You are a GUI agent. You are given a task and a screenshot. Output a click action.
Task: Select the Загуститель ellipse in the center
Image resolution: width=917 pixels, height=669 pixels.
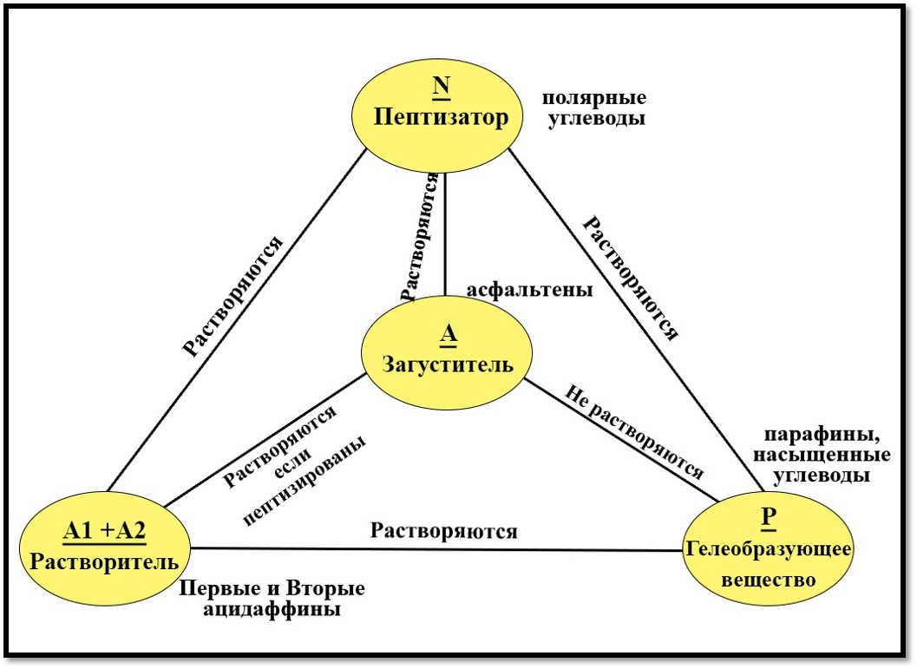click(448, 356)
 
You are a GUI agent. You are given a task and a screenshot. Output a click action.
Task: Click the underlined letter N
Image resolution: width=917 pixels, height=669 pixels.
click(441, 89)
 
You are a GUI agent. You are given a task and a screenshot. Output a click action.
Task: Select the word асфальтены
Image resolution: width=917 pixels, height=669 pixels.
click(529, 291)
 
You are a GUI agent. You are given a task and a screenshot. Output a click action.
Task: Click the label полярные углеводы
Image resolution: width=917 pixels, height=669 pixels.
click(595, 108)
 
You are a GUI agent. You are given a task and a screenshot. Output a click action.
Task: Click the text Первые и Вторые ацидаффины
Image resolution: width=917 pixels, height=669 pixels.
click(272, 599)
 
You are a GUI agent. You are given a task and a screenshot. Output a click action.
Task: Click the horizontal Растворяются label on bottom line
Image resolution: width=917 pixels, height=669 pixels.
click(443, 529)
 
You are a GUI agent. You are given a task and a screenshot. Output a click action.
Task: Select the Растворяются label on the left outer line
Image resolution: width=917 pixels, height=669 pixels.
click(234, 296)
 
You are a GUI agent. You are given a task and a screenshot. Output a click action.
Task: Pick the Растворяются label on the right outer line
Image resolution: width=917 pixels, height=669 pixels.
click(629, 278)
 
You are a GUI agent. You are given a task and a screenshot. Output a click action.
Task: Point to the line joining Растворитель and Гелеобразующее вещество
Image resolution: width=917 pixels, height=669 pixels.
click(434, 549)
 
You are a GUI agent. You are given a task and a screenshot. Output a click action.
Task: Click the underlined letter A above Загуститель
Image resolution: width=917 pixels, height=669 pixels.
click(448, 335)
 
